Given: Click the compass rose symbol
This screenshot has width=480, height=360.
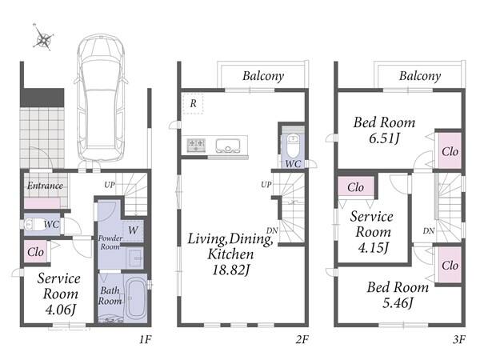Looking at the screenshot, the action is pos(43,38).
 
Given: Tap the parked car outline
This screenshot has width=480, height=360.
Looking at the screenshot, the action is pos(102,98).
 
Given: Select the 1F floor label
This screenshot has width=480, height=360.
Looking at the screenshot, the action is pos(146,339).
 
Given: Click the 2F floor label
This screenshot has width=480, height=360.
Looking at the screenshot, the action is pos(302,339).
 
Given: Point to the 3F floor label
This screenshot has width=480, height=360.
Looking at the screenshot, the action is pos(459,339).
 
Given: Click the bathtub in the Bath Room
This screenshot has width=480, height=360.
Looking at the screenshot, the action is pos(135,298).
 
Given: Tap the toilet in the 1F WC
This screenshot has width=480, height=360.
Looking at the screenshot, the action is pos(34,224).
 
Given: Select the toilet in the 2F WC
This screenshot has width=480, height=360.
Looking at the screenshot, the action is pos(293,146).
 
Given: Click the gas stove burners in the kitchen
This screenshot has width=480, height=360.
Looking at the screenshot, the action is pos(196,145).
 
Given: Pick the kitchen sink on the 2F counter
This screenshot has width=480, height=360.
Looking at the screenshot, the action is pos(228,146).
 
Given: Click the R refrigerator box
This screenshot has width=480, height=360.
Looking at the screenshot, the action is pos(193,104).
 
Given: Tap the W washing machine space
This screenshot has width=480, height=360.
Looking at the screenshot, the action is pos(133,230).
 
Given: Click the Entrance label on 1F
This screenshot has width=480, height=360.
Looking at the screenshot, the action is pos(45,186).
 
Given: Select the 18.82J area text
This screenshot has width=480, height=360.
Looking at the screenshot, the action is pos(231,270).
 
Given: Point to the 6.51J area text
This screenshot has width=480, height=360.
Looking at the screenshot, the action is pos(384,138).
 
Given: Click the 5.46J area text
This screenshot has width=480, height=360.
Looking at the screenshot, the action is pos(398,302).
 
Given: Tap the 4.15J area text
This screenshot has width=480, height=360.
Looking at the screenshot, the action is pos(373,247).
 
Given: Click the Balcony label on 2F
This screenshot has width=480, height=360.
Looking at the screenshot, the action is pos(263,76).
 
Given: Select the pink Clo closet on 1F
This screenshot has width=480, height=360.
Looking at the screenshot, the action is pos(35,252).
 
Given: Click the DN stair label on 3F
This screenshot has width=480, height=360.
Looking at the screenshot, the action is pos(429,231).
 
